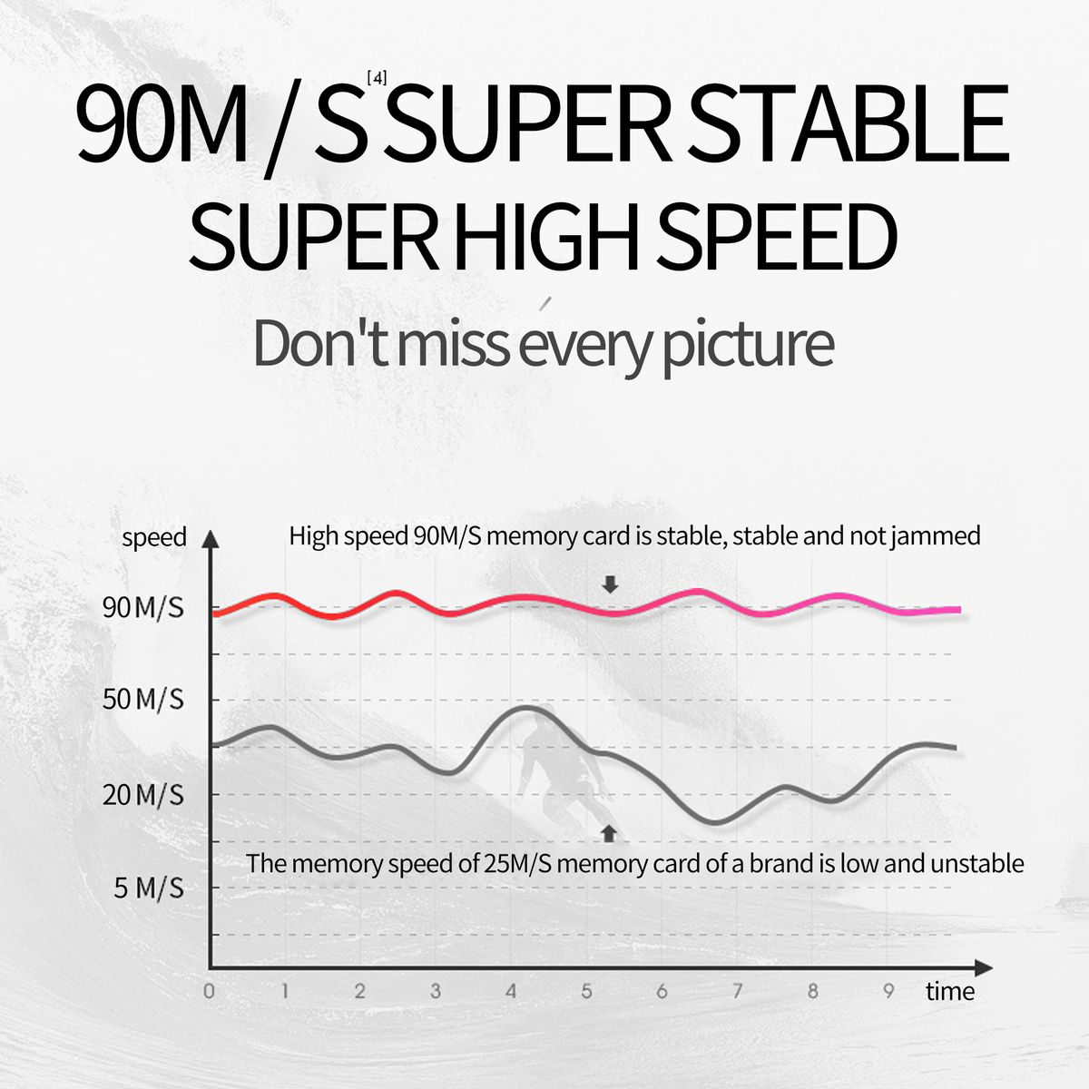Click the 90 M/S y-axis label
(x=143, y=608)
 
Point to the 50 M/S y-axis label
(x=143, y=700)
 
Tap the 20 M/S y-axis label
(x=143, y=795)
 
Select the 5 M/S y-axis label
(x=149, y=889)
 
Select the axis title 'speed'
(x=154, y=537)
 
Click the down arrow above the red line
(x=610, y=585)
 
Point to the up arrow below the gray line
(x=609, y=834)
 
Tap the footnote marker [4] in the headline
(x=377, y=79)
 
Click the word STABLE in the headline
(x=849, y=123)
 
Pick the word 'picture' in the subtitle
(x=748, y=345)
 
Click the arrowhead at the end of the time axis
(x=984, y=968)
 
